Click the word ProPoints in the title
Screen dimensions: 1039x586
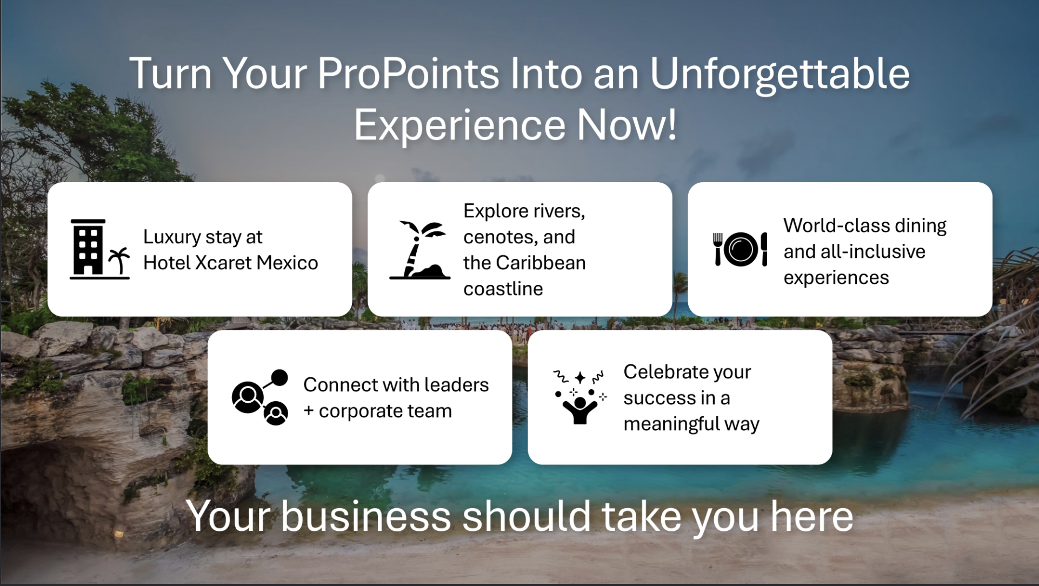coord(408,74)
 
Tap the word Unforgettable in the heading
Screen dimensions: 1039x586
coord(780,74)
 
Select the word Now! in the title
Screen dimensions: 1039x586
coord(627,125)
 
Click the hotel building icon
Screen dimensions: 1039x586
coord(99,249)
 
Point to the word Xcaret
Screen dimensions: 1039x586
coord(223,263)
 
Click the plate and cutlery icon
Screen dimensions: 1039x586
coord(741,249)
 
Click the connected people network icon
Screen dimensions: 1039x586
coord(260,397)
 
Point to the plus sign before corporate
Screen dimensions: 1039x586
coord(309,411)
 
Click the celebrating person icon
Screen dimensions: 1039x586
coord(580,397)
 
